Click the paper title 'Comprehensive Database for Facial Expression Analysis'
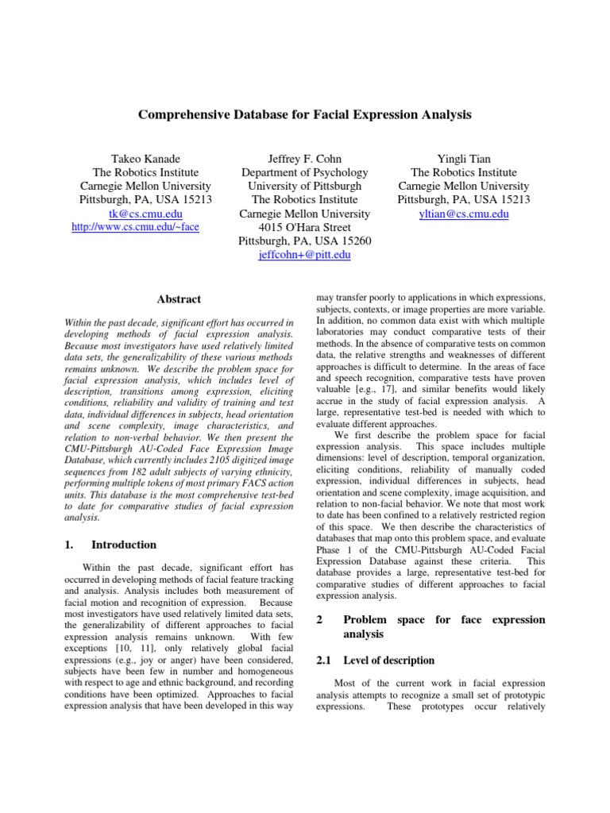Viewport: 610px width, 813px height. pyautogui.click(x=305, y=115)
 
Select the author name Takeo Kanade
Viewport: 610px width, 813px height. pyautogui.click(x=146, y=158)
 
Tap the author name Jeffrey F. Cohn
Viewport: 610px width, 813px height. pyautogui.click(x=305, y=158)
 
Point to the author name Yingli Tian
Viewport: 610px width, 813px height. pyautogui.click(x=464, y=158)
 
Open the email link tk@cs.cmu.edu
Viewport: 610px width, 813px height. pyautogui.click(x=146, y=214)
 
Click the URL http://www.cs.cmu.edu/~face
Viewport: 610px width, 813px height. pyautogui.click(x=135, y=227)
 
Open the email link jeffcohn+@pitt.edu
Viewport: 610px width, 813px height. pyautogui.click(x=305, y=256)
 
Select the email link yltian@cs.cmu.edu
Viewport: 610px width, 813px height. pyautogui.click(x=464, y=214)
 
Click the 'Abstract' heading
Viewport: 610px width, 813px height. pyautogui.click(x=179, y=299)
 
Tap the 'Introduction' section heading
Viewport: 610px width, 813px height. pyautogui.click(x=124, y=545)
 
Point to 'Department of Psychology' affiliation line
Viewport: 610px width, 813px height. pyautogui.click(x=305, y=172)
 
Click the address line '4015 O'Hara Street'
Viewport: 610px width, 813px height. pyautogui.click(x=305, y=228)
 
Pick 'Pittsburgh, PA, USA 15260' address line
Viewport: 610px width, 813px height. pyautogui.click(x=305, y=241)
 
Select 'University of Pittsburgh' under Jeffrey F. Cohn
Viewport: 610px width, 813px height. pyautogui.click(x=305, y=186)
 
